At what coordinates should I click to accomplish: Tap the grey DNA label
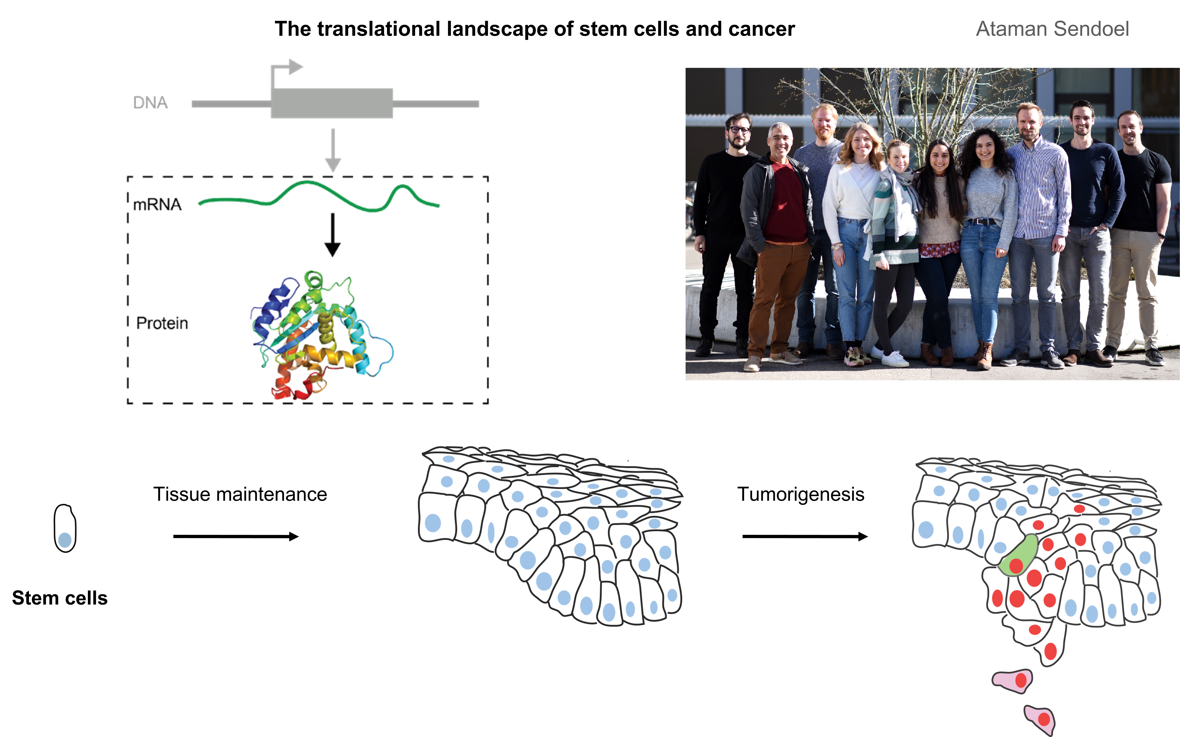pos(150,103)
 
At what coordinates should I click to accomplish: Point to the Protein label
pos(162,323)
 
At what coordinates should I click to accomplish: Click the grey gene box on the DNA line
pos(331,103)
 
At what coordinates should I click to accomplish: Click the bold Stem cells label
pos(59,598)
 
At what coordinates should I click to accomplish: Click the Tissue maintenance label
pos(240,494)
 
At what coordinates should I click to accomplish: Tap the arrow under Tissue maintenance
pos(236,537)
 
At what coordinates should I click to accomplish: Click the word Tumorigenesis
pos(800,494)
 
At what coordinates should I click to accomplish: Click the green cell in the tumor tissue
pos(1018,556)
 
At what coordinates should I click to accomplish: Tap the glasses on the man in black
pos(739,130)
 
